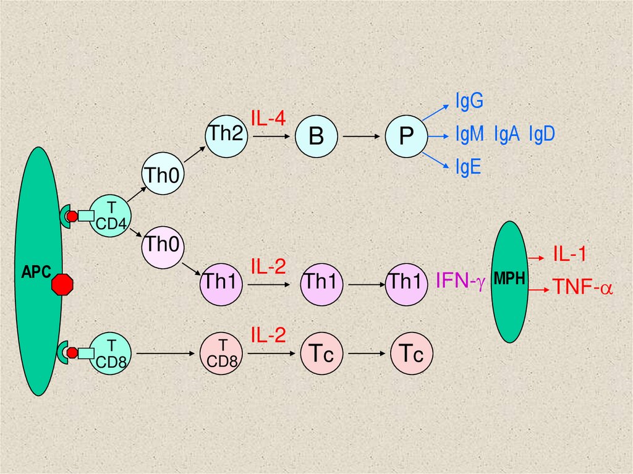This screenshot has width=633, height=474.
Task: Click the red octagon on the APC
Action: coord(62,284)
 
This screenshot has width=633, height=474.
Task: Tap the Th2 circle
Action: coord(226,135)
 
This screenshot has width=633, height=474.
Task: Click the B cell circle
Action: coord(316,136)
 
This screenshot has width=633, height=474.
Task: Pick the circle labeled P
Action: coord(406,136)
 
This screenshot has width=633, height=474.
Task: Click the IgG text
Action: coord(469,101)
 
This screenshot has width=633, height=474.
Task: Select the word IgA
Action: coord(507,133)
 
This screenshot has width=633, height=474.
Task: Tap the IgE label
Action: coord(468,167)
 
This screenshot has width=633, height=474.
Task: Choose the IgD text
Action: coord(542,133)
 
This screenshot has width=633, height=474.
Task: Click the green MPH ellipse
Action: coord(510,282)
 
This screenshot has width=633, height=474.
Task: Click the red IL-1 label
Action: coord(569,254)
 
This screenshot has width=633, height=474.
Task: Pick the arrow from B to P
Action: coord(359,136)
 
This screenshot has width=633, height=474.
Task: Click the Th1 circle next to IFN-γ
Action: coord(406,283)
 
